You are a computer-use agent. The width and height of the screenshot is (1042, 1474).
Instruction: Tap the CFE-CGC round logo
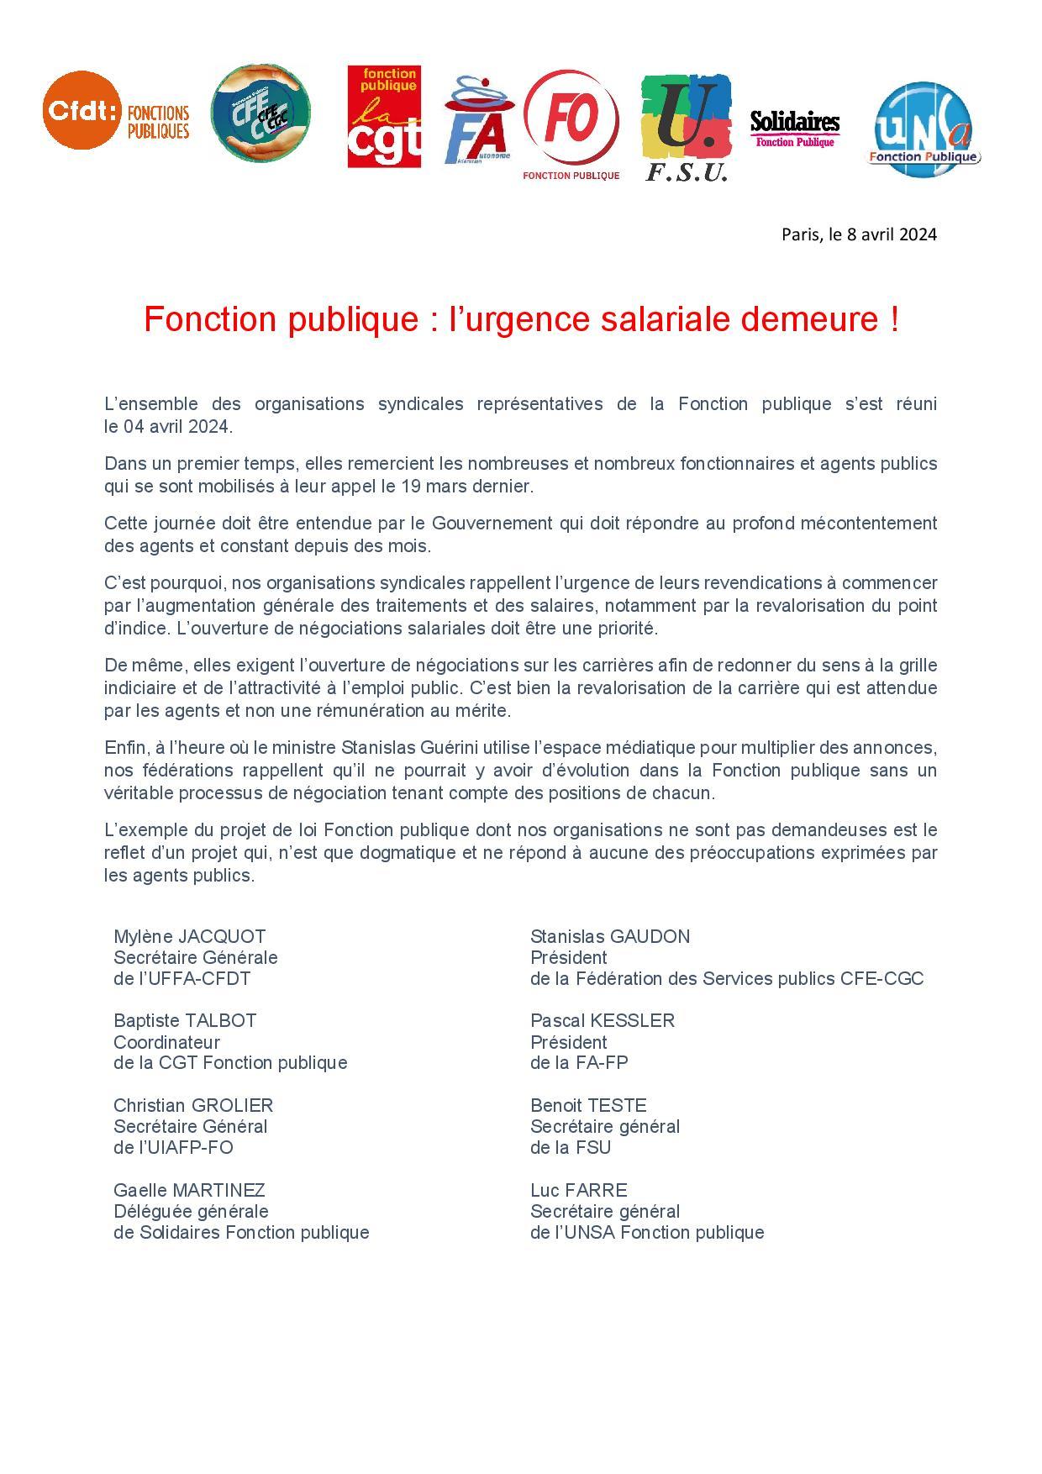260,113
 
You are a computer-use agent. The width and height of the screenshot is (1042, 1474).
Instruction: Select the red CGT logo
384,117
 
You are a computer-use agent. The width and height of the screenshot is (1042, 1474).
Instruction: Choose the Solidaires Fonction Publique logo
794,129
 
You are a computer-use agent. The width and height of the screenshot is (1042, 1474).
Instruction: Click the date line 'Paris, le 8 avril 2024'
858,234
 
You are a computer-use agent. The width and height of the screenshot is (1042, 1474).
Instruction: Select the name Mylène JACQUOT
190,937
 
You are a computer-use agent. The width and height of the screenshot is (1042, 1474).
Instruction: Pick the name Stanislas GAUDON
609,937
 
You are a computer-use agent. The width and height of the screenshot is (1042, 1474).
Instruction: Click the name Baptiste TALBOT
185,1021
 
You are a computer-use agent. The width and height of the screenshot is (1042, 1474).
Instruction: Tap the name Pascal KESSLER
602,1021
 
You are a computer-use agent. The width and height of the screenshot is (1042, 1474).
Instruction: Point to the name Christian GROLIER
193,1106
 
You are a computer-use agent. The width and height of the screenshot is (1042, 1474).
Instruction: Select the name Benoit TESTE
588,1106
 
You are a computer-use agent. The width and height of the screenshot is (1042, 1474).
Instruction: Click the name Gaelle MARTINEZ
189,1191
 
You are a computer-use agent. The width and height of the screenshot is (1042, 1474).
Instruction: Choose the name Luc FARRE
578,1191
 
